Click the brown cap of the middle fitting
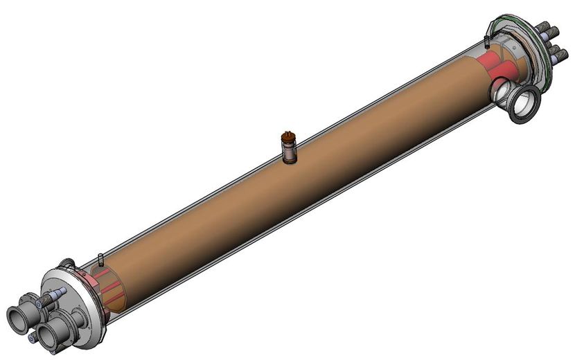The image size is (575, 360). (288, 137)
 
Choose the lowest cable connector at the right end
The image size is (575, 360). (559, 55)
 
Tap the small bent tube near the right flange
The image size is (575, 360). (490, 29)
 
